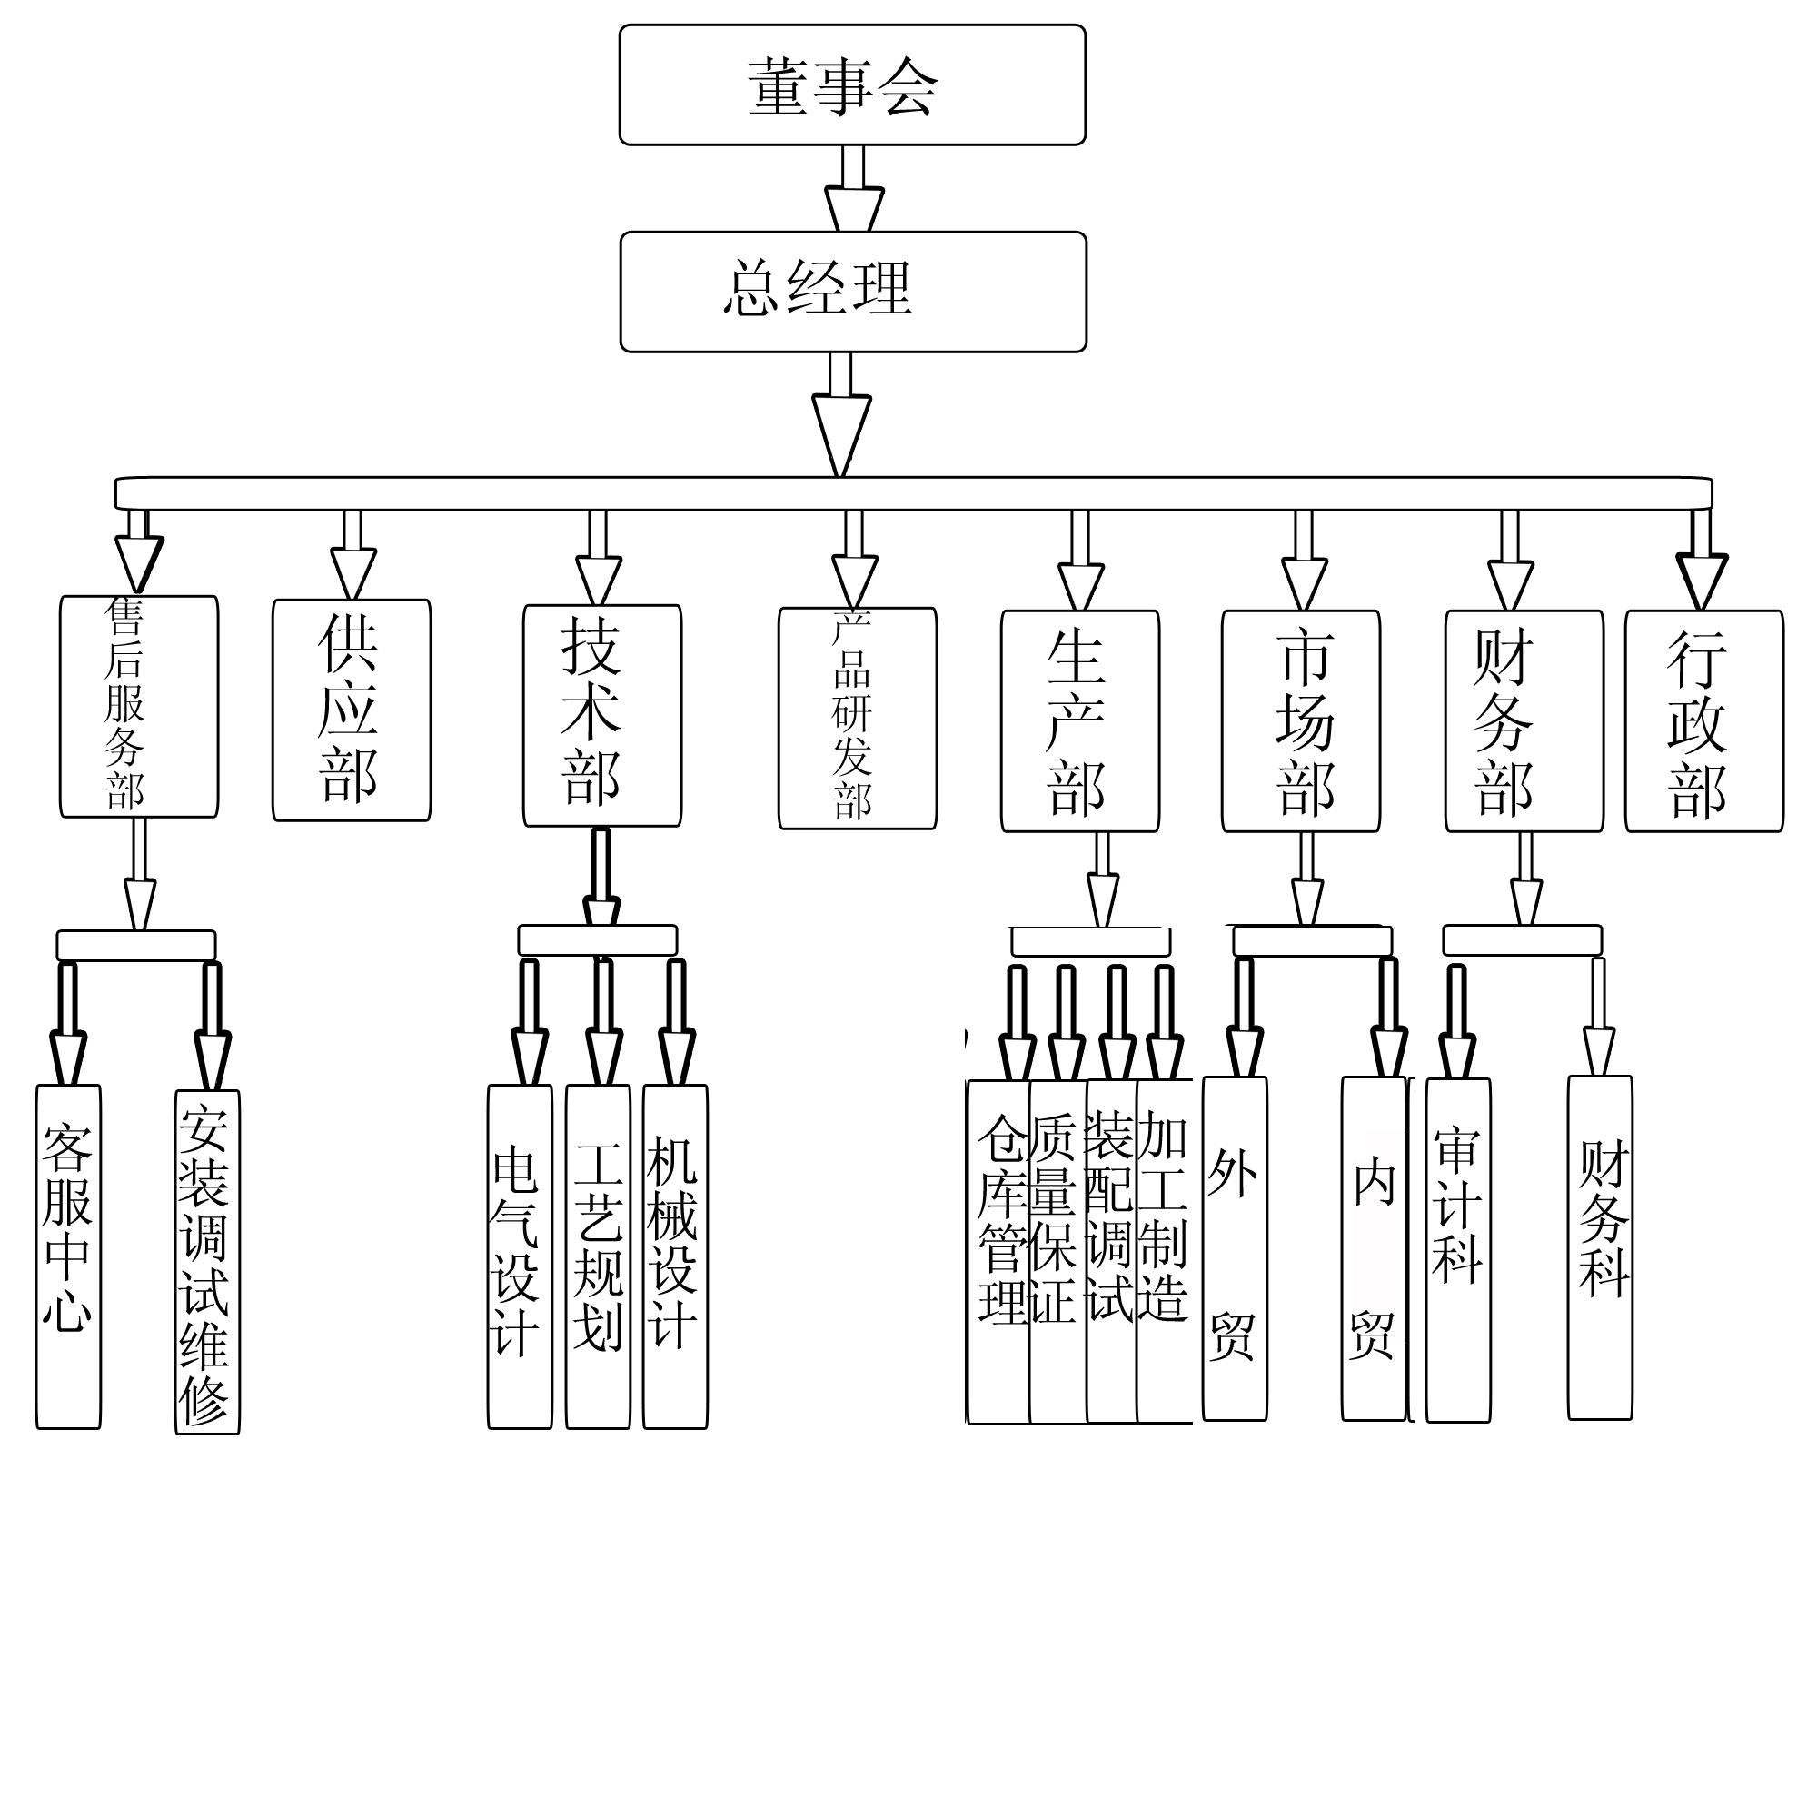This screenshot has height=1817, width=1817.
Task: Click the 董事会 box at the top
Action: [x=852, y=84]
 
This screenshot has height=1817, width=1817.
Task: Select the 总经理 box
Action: [x=853, y=292]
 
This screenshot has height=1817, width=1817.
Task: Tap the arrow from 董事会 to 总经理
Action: [x=854, y=188]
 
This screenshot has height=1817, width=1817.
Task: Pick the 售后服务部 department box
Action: [x=139, y=706]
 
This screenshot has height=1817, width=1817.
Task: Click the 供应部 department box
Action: [x=352, y=710]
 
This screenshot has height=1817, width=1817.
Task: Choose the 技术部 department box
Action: [x=602, y=716]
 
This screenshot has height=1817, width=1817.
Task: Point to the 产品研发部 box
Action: [x=858, y=719]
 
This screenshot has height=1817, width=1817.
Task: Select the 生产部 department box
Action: [x=1079, y=721]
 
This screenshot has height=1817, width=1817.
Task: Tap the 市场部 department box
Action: [x=1302, y=721]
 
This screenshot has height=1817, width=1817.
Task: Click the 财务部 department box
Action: [x=1524, y=721]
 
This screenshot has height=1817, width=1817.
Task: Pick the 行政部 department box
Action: [x=1704, y=721]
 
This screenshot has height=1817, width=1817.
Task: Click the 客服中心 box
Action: [x=69, y=1256]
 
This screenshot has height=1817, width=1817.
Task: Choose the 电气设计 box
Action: [x=520, y=1256]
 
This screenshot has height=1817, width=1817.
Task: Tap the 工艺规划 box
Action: [x=598, y=1256]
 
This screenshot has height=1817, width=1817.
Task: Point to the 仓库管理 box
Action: [x=998, y=1252]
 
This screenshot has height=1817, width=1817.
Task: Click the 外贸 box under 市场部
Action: [x=1235, y=1249]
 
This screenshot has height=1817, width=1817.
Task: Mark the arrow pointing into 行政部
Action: [x=1703, y=560]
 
